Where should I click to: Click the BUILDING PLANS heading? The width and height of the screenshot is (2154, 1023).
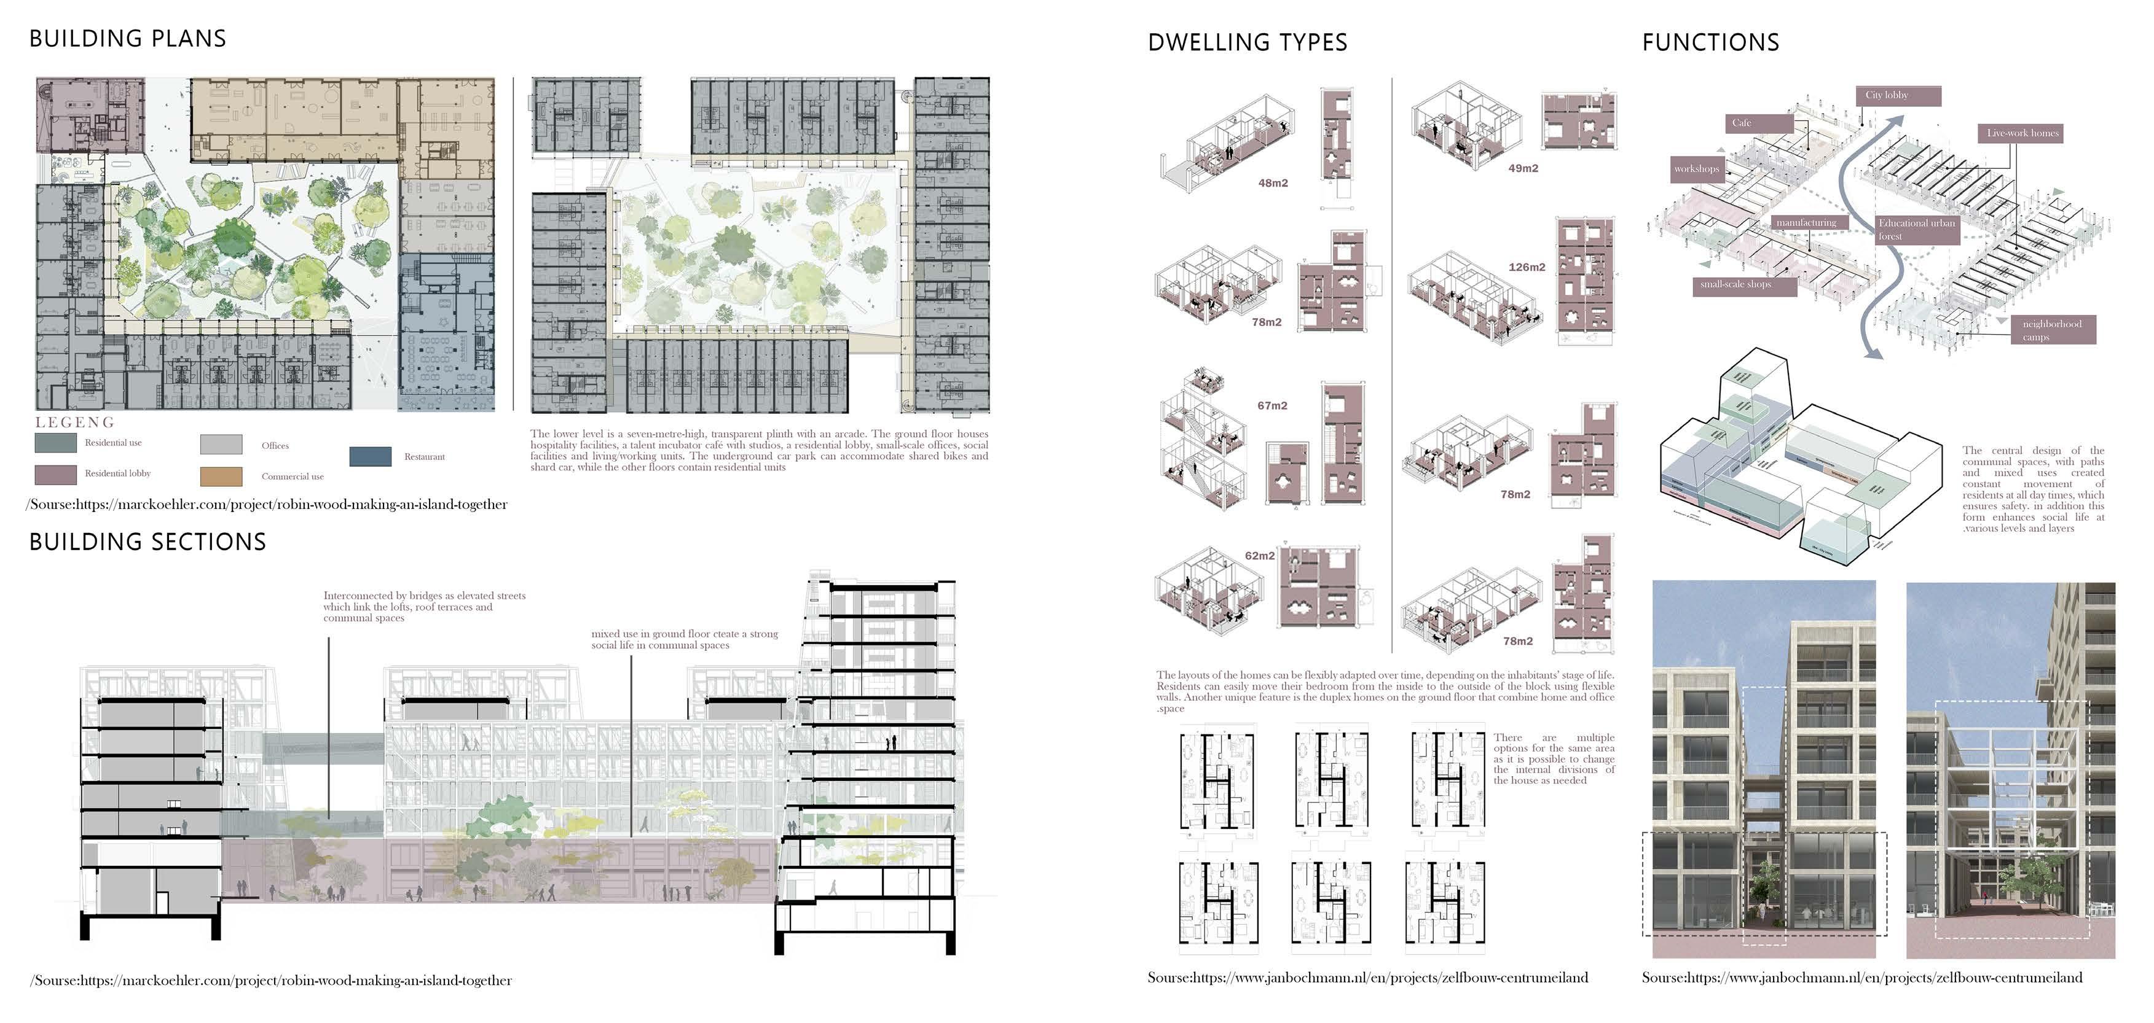click(128, 39)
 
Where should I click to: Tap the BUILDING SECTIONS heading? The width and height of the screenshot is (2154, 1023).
click(148, 542)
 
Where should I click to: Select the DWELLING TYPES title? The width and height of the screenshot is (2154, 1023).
click(1248, 42)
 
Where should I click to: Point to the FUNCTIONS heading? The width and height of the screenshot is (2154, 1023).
click(1710, 42)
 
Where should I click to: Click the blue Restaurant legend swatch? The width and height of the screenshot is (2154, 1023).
click(371, 456)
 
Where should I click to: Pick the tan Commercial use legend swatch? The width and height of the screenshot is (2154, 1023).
click(222, 476)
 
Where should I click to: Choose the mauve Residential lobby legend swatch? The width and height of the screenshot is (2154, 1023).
click(55, 475)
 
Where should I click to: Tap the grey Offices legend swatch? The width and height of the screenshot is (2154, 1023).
click(222, 445)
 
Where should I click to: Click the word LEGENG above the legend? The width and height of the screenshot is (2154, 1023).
click(74, 422)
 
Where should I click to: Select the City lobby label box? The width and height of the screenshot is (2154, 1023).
click(1898, 95)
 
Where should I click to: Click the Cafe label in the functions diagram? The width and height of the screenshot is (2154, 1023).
click(1758, 123)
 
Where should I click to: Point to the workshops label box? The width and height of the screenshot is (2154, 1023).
click(1697, 169)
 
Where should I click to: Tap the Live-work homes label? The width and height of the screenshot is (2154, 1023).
click(2022, 133)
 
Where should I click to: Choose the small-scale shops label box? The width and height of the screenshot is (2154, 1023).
click(1745, 284)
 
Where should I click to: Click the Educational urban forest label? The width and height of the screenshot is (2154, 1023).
click(1917, 229)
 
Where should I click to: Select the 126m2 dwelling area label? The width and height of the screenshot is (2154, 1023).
click(1527, 268)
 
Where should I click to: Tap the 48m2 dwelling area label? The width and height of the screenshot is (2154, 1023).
click(1273, 183)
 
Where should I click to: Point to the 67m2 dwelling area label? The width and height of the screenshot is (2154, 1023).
click(1272, 405)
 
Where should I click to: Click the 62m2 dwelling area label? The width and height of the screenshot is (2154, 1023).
click(1259, 556)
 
